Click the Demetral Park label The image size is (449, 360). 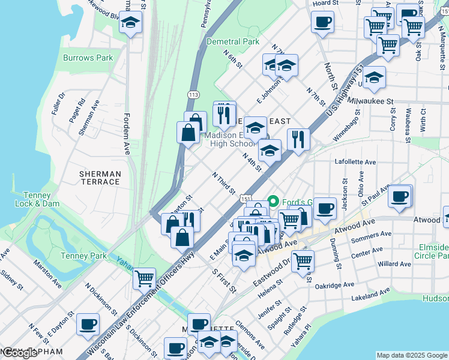[232, 42]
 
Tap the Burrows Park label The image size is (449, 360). [88, 58]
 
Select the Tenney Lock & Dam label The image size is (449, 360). [41, 199]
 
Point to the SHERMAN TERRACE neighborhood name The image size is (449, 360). [100, 178]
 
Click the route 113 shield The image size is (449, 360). [193, 95]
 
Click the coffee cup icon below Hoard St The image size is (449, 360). [322, 23]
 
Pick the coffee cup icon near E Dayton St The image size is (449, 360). [88, 324]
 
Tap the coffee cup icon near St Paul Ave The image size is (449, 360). [400, 196]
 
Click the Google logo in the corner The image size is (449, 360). [20, 353]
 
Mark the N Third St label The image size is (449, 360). [224, 183]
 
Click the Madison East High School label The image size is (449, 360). [229, 139]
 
